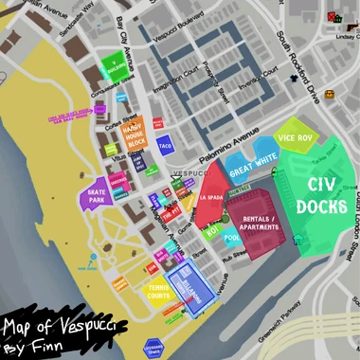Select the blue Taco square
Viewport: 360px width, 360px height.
[x=164, y=147]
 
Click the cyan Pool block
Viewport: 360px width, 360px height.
[x=233, y=241]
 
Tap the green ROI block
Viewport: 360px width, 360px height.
[x=211, y=230]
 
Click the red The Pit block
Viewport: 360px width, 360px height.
[x=171, y=216]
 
